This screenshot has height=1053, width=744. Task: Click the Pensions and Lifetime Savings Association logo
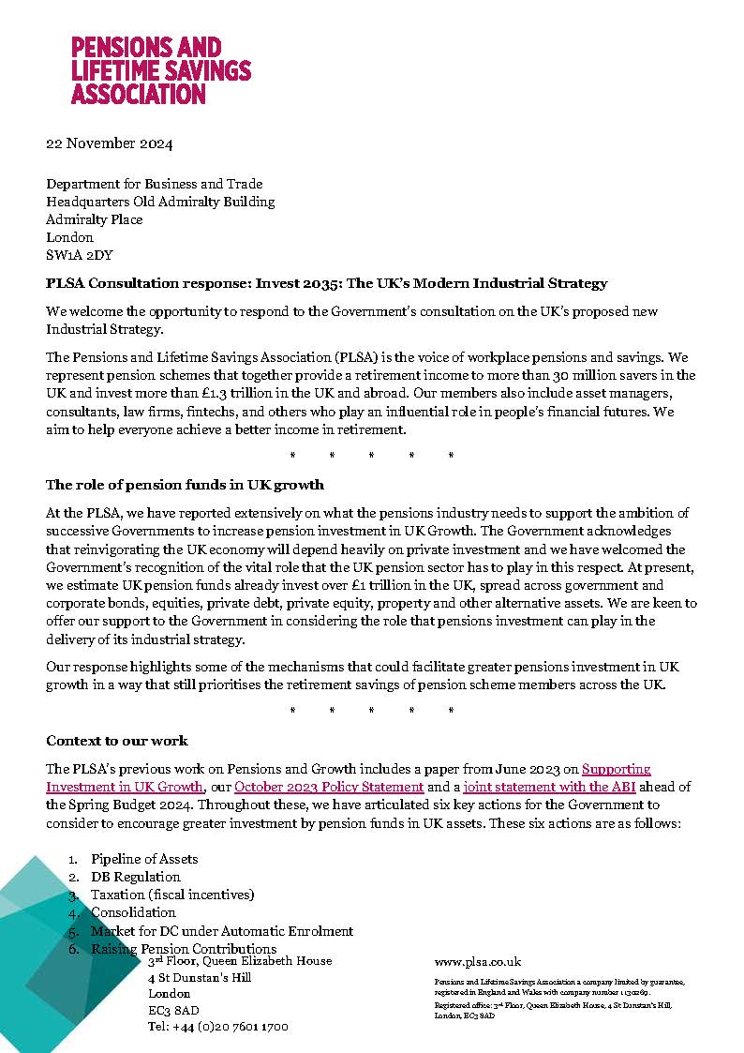pos(161,70)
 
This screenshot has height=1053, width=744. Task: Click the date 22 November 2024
pos(110,144)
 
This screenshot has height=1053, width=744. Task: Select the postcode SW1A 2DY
pos(82,255)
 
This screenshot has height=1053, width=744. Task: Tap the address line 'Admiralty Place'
pos(95,219)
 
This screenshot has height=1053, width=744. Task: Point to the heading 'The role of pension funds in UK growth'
pos(185,485)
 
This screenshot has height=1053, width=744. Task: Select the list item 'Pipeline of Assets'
pos(144,859)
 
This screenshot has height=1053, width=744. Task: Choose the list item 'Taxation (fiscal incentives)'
pos(172,895)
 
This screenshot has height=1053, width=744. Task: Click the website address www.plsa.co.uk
pos(478,962)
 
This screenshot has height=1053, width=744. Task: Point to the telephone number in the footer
pos(218,1026)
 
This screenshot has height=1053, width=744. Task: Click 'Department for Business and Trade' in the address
pos(155,184)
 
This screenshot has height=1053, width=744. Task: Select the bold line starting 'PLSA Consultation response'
pos(327,283)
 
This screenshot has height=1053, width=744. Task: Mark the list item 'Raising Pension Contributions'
pos(184,949)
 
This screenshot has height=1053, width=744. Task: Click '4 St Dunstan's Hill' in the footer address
pos(200,977)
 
